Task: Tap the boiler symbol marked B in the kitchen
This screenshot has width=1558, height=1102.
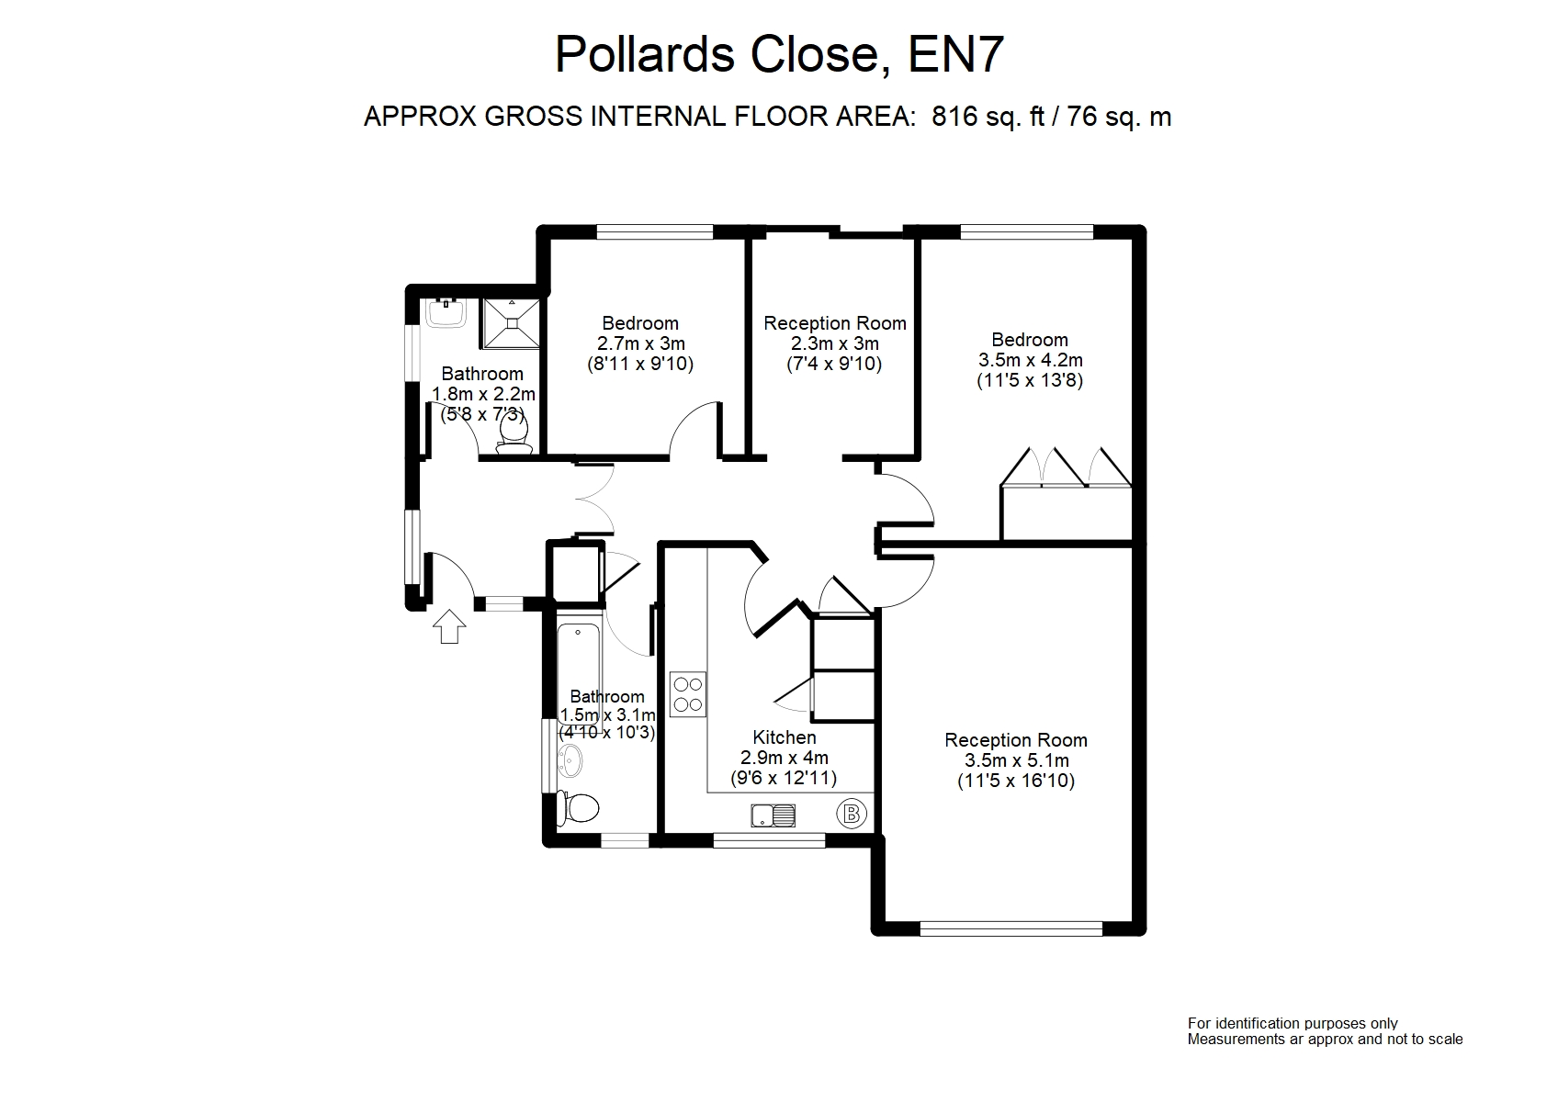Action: tap(852, 813)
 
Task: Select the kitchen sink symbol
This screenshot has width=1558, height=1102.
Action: tap(773, 814)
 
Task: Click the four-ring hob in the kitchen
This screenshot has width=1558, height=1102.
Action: tap(687, 694)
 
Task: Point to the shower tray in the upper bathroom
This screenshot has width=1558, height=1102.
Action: tap(512, 322)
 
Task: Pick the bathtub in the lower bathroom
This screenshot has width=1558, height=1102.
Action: tap(578, 675)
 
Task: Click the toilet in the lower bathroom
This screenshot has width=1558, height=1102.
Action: tap(579, 808)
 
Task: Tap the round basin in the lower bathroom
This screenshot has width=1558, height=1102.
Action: tap(570, 759)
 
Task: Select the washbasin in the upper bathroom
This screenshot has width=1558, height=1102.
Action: tap(447, 312)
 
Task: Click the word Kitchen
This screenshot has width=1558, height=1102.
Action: tap(784, 737)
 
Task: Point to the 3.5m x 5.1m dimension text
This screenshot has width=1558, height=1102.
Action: tap(1016, 760)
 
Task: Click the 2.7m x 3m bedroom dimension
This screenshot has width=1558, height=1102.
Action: tap(640, 343)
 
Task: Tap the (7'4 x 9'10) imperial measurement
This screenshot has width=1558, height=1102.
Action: tap(834, 364)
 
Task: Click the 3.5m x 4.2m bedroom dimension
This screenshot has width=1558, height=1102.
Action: tap(1029, 360)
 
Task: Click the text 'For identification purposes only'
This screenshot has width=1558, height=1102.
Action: tap(1293, 1023)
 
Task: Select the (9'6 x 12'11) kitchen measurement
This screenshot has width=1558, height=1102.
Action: tap(789, 779)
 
